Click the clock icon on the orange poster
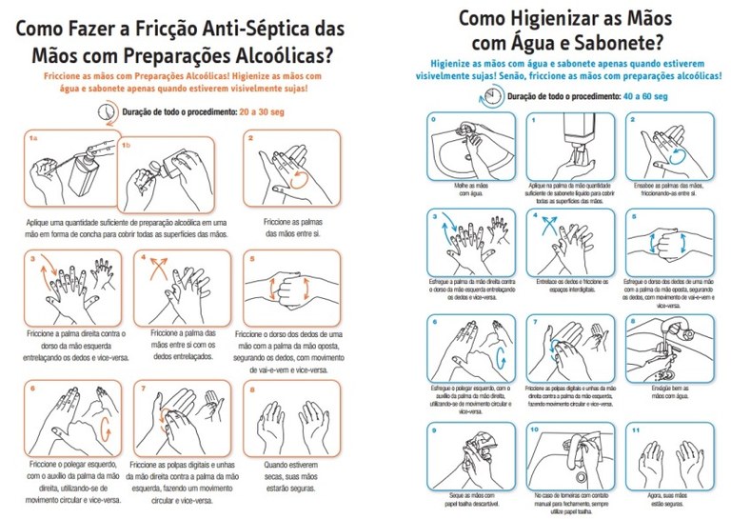point(106,111)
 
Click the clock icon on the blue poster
point(491,94)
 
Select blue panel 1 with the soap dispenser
point(567,149)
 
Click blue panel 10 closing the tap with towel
point(567,456)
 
